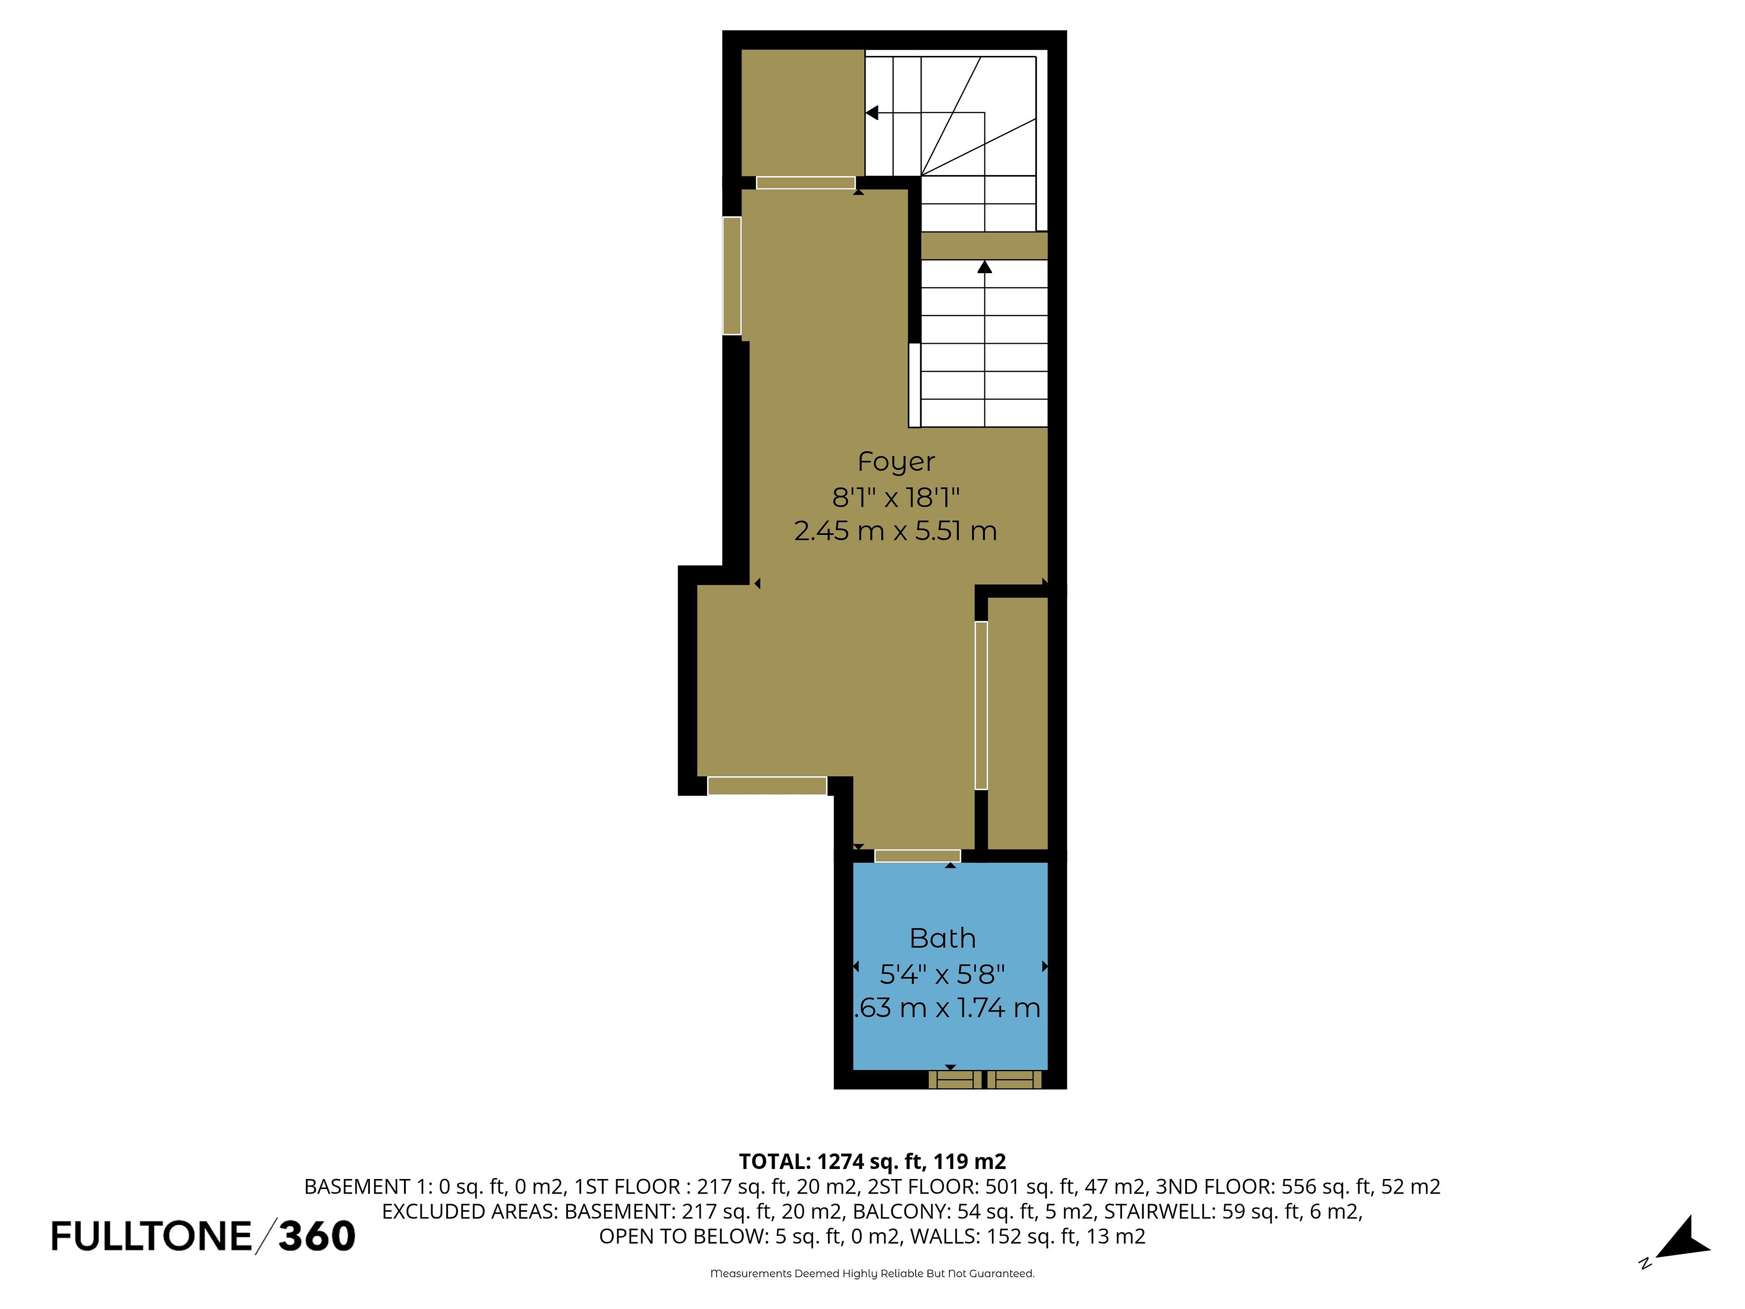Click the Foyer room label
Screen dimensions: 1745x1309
coord(896,462)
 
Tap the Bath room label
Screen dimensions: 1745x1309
coord(943,938)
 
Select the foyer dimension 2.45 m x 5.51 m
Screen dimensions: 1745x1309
coord(895,531)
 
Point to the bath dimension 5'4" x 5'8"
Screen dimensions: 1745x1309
coord(943,974)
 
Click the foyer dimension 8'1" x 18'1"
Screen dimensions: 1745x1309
coord(896,497)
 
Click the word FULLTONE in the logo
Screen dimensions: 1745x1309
coord(151,1236)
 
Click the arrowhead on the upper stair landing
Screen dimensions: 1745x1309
coord(872,113)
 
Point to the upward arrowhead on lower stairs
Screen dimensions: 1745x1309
coord(985,267)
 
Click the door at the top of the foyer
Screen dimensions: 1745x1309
coord(805,183)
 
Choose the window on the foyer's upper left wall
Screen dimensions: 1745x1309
coord(732,275)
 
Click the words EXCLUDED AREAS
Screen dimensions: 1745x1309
coord(470,1211)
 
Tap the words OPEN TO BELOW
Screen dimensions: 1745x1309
coord(683,1236)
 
